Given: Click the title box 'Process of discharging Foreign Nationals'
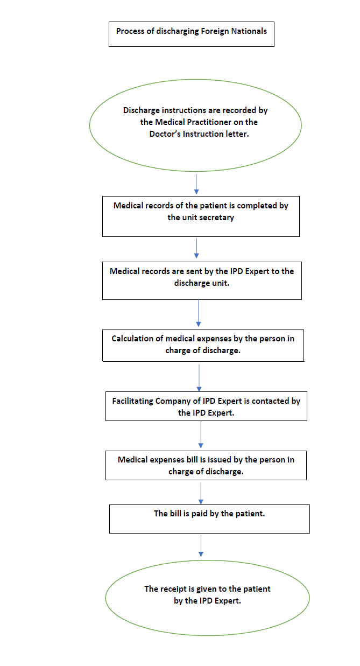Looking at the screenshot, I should tap(191, 34).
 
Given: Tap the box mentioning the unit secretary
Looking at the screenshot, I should tap(201, 216).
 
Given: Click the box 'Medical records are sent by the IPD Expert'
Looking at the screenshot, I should tap(202, 280).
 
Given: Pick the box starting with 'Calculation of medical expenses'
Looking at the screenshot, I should tap(203, 345).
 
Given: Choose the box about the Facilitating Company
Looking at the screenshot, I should tap(206, 406).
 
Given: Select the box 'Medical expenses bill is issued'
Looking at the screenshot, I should tap(206, 465).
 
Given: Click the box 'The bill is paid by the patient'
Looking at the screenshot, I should tap(209, 518).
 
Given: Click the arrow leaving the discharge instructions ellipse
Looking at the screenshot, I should tap(196, 184).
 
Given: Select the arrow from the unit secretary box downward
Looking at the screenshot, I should tap(196, 248).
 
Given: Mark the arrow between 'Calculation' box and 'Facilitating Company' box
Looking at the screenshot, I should tap(199, 377).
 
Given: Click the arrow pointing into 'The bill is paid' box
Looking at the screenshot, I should tap(201, 492).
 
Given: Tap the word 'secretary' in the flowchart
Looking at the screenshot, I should tap(217, 218).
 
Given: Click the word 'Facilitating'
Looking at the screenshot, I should tap(132, 401).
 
